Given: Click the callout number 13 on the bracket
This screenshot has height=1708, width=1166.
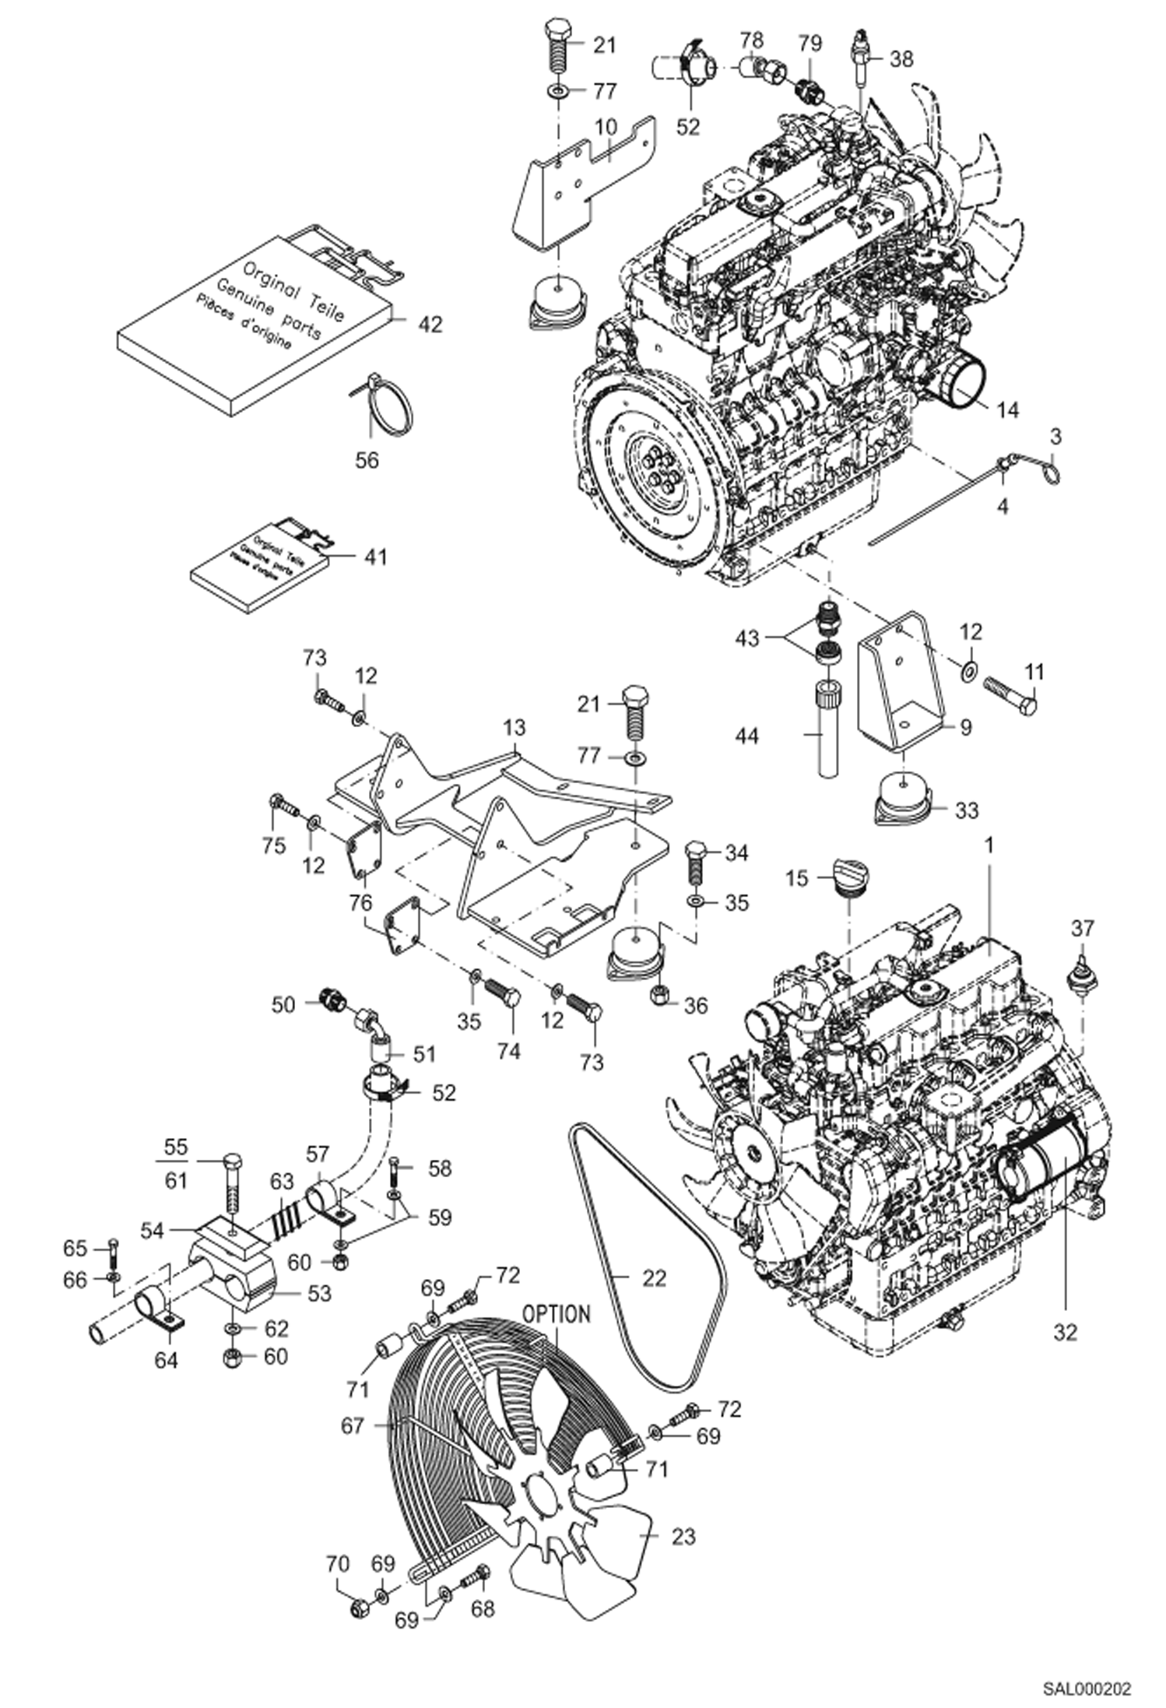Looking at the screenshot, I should click(x=514, y=728).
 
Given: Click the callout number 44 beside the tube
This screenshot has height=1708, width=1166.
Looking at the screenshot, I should click(x=746, y=735).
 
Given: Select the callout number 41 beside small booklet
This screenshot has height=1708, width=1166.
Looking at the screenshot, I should click(x=375, y=557).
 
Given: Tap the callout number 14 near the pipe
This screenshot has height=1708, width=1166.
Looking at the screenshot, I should click(x=1006, y=409).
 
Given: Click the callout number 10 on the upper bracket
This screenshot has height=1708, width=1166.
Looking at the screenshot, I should click(x=606, y=126).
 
